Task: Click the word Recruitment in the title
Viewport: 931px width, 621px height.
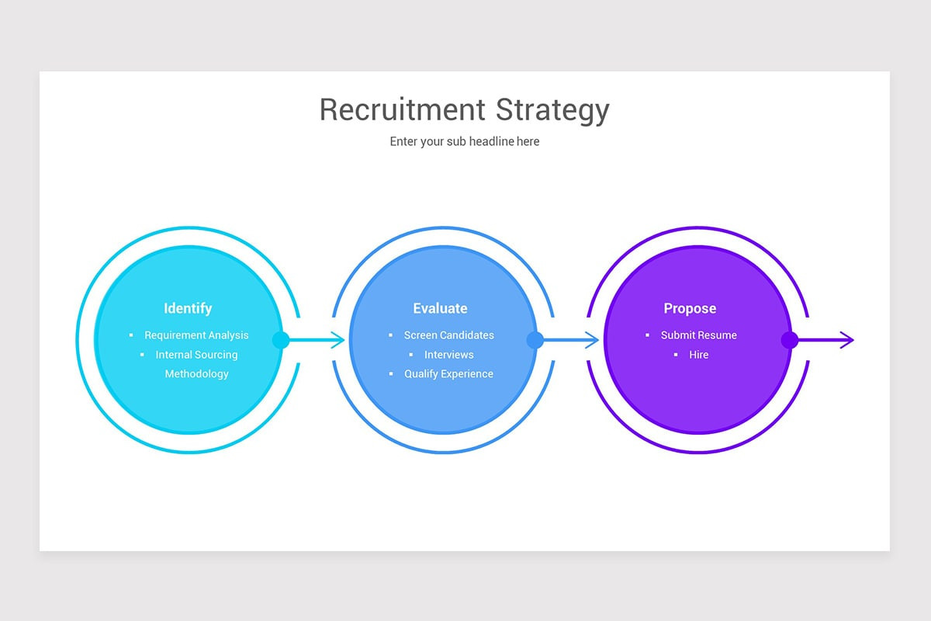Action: [x=403, y=109]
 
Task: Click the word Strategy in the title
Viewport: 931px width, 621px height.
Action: [x=552, y=111]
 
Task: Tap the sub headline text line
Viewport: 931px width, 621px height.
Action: [x=465, y=141]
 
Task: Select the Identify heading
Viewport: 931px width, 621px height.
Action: [x=188, y=308]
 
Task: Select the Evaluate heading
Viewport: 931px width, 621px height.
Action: [x=440, y=308]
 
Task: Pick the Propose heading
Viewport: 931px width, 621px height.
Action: [x=690, y=309]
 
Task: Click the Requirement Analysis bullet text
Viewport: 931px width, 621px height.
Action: [x=196, y=335]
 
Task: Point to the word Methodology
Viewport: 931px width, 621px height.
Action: [x=196, y=374]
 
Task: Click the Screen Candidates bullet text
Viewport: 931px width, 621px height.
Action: [x=449, y=335]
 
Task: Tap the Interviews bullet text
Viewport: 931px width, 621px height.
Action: [x=449, y=355]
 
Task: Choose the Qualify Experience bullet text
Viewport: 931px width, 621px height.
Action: [x=449, y=374]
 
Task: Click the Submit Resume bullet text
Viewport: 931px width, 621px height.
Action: [x=699, y=335]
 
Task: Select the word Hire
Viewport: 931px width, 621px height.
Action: [x=699, y=355]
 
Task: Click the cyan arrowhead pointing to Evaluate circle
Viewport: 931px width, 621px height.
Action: [x=338, y=340]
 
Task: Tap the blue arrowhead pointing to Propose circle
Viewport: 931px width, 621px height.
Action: [x=592, y=340]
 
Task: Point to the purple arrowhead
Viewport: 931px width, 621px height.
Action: [x=847, y=340]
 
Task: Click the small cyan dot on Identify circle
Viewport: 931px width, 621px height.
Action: [x=281, y=340]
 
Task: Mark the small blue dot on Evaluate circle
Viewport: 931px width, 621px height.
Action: [x=535, y=340]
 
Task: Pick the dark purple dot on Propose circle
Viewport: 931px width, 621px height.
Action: [x=790, y=340]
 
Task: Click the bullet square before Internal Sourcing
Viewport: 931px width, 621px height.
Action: [x=142, y=355]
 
